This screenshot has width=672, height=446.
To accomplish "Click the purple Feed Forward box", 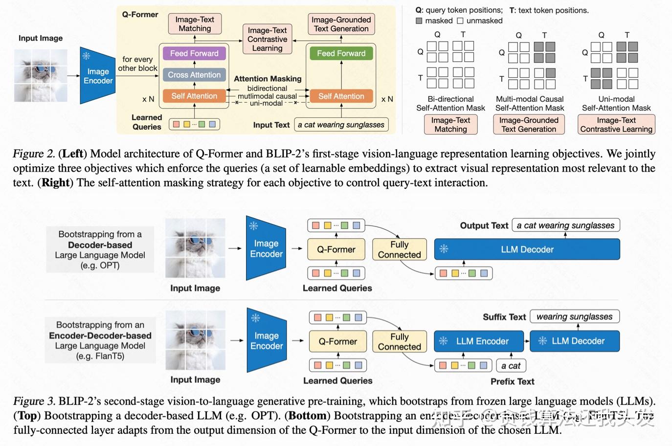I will tap(194, 53).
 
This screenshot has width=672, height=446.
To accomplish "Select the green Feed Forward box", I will tap(341, 53).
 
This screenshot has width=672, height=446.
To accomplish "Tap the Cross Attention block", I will tap(194, 75).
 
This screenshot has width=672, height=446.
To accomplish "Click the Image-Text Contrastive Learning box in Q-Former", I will tap(267, 39).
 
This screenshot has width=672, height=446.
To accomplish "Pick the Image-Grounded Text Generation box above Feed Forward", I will tap(341, 24).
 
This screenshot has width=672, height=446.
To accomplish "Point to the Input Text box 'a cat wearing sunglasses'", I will tap(341, 125).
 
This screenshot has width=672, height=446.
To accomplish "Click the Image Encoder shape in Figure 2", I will tap(97, 76).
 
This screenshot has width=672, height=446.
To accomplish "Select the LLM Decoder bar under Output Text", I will tap(527, 249).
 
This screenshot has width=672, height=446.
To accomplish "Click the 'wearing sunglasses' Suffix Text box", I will tap(574, 316).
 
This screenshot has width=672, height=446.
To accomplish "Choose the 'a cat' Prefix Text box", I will tap(511, 365).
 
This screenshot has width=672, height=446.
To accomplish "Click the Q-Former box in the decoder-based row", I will tap(336, 249).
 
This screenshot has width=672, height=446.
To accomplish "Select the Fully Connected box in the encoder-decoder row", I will tap(399, 341).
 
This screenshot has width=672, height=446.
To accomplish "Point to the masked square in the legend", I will tap(419, 21).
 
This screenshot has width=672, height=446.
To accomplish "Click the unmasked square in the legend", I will tap(460, 21).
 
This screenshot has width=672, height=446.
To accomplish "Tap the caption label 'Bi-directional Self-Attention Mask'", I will tap(450, 103).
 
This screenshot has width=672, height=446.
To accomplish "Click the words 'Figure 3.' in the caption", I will tap(34, 401).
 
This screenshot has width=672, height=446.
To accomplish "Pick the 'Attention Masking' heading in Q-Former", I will tap(268, 79).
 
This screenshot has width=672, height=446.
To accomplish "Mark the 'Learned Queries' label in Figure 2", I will tap(146, 122).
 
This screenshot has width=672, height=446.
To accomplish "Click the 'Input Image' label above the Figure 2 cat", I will tap(41, 38).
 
